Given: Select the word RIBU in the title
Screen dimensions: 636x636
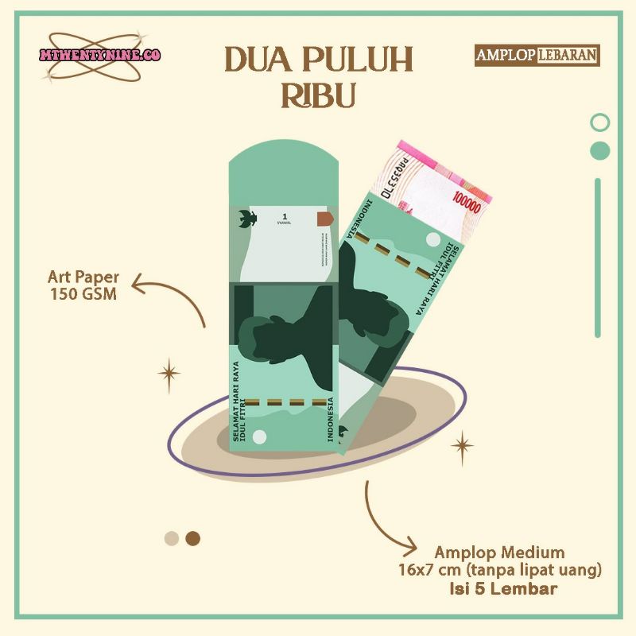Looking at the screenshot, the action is pyautogui.click(x=318, y=95).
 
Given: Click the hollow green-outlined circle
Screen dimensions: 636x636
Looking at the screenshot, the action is pyautogui.click(x=601, y=122).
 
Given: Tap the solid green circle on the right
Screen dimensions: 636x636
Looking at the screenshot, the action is pyautogui.click(x=601, y=150).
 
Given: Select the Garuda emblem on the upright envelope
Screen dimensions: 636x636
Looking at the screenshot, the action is pyautogui.click(x=246, y=219).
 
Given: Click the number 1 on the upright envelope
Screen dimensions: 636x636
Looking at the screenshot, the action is pyautogui.click(x=284, y=216).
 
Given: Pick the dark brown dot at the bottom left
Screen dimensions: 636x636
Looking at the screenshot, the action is pyautogui.click(x=192, y=539).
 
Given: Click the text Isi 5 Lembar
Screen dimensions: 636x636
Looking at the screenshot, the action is pyautogui.click(x=513, y=589).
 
